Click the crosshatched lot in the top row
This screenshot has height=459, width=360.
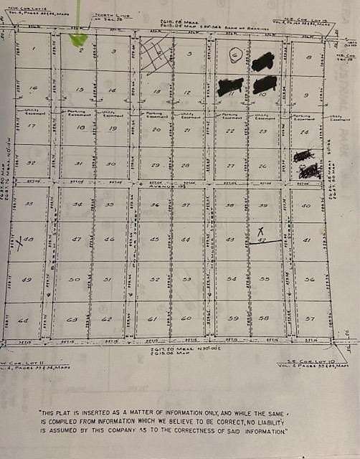157,55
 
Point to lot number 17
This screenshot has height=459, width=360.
30,126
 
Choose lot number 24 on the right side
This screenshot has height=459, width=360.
305,133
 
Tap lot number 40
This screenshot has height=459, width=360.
306,206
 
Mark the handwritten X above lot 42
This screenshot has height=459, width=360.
260,231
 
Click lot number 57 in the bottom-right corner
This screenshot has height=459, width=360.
310,318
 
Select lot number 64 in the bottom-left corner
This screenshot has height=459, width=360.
24,321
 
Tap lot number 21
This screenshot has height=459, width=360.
186,131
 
